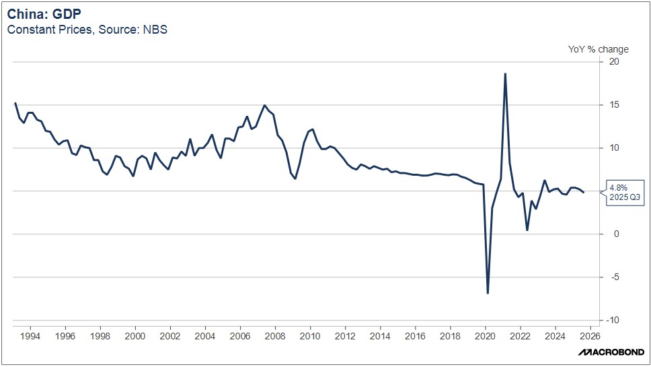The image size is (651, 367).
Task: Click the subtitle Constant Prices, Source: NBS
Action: (x=87, y=30)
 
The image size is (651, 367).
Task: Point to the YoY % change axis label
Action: (x=599, y=49)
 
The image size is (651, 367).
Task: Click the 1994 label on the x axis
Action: (x=30, y=335)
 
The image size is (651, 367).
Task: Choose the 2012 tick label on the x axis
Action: (x=345, y=335)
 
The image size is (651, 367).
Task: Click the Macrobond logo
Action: (x=609, y=352)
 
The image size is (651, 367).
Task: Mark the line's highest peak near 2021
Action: (x=505, y=73)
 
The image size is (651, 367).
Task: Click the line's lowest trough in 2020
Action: (x=488, y=293)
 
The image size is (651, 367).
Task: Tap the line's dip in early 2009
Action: (x=295, y=178)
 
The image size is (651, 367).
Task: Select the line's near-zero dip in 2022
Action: (x=527, y=230)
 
